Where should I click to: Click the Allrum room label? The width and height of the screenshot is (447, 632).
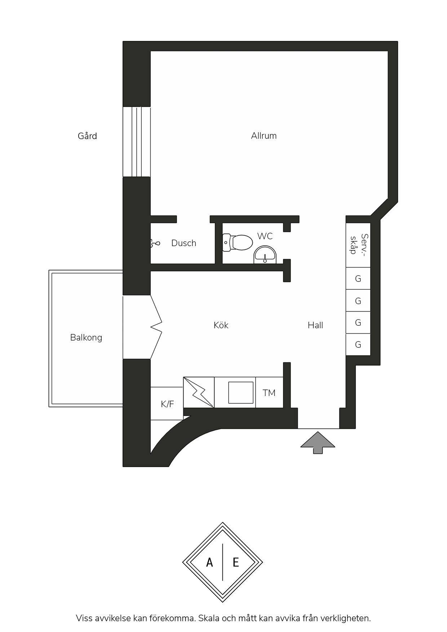pyautogui.click(x=264, y=136)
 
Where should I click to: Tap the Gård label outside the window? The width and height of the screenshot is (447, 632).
pyautogui.click(x=87, y=136)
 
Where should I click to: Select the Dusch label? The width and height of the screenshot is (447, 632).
pyautogui.click(x=184, y=243)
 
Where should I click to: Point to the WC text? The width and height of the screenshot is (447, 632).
pyautogui.click(x=265, y=236)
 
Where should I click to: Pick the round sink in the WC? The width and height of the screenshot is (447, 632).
pyautogui.click(x=265, y=255)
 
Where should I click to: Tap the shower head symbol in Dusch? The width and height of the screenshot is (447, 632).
pyautogui.click(x=155, y=244)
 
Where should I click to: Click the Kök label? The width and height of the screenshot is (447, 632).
pyautogui.click(x=221, y=325)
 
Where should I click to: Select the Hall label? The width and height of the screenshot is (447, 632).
pyautogui.click(x=315, y=325)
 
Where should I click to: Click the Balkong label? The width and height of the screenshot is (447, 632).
pyautogui.click(x=86, y=338)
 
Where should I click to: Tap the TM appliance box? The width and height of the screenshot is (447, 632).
pyautogui.click(x=269, y=392)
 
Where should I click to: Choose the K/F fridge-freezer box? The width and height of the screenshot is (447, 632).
pyautogui.click(x=167, y=404)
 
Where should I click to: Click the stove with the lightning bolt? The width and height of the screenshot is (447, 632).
pyautogui.click(x=199, y=392)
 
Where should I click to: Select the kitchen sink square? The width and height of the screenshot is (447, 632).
pyautogui.click(x=240, y=392)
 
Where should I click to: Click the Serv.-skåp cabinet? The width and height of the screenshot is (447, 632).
pyautogui.click(x=358, y=245)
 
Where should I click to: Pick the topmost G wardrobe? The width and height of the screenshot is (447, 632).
pyautogui.click(x=358, y=279)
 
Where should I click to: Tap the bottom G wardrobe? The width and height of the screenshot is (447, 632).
pyautogui.click(x=358, y=344)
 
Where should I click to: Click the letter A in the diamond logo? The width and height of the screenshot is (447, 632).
pyautogui.click(x=209, y=562)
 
